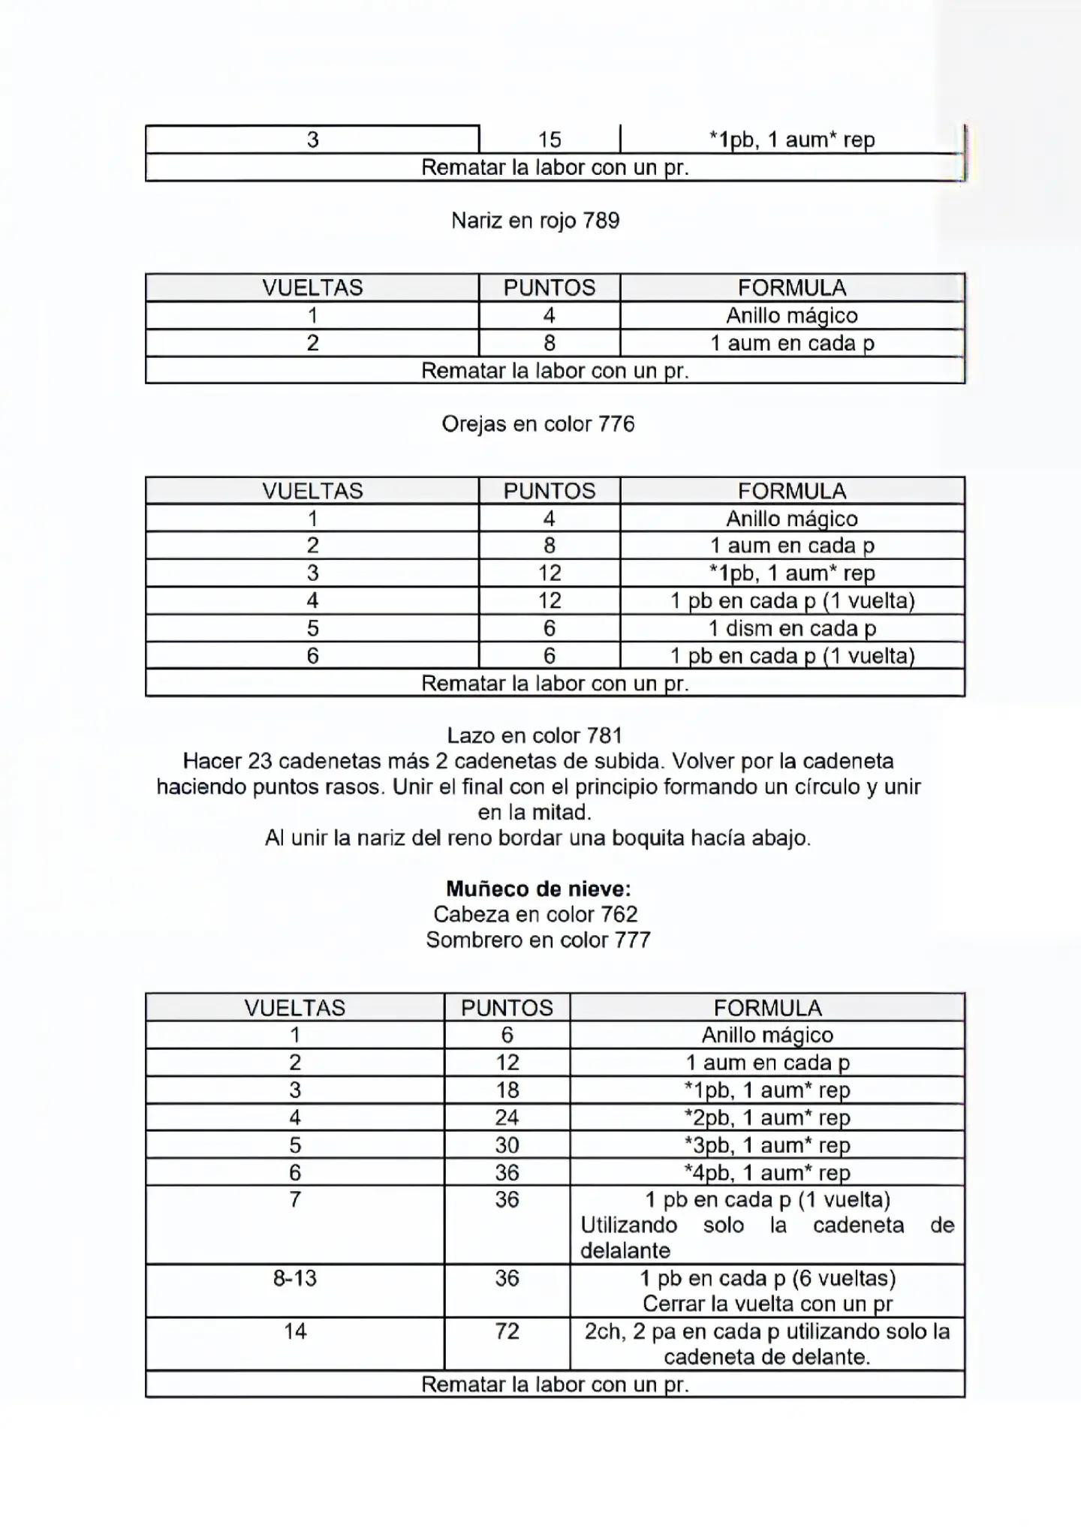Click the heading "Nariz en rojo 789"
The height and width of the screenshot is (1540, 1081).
coord(535,221)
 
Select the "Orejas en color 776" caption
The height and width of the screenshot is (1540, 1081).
coord(538,424)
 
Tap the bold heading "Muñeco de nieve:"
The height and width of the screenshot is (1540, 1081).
coord(538,889)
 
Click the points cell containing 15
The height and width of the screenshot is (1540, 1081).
coord(550,140)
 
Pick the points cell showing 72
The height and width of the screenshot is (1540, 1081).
coord(507,1331)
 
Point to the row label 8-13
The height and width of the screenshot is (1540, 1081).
coord(295,1278)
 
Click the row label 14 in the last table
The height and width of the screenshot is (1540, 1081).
coord(295,1331)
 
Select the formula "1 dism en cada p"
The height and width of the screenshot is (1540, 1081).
coord(792,628)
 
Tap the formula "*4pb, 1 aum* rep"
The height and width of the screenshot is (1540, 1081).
coord(766,1172)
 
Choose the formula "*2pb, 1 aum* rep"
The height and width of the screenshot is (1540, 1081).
coord(766,1117)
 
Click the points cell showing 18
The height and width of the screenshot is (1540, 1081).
coord(507,1090)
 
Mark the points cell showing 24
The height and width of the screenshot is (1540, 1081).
coord(507,1117)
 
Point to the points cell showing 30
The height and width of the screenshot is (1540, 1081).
coord(507,1145)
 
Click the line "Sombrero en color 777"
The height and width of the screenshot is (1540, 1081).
coord(538,940)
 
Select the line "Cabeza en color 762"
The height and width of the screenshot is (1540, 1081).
coord(535,914)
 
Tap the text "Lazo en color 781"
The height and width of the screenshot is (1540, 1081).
coord(534,735)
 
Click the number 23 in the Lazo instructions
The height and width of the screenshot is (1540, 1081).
coord(259,761)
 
